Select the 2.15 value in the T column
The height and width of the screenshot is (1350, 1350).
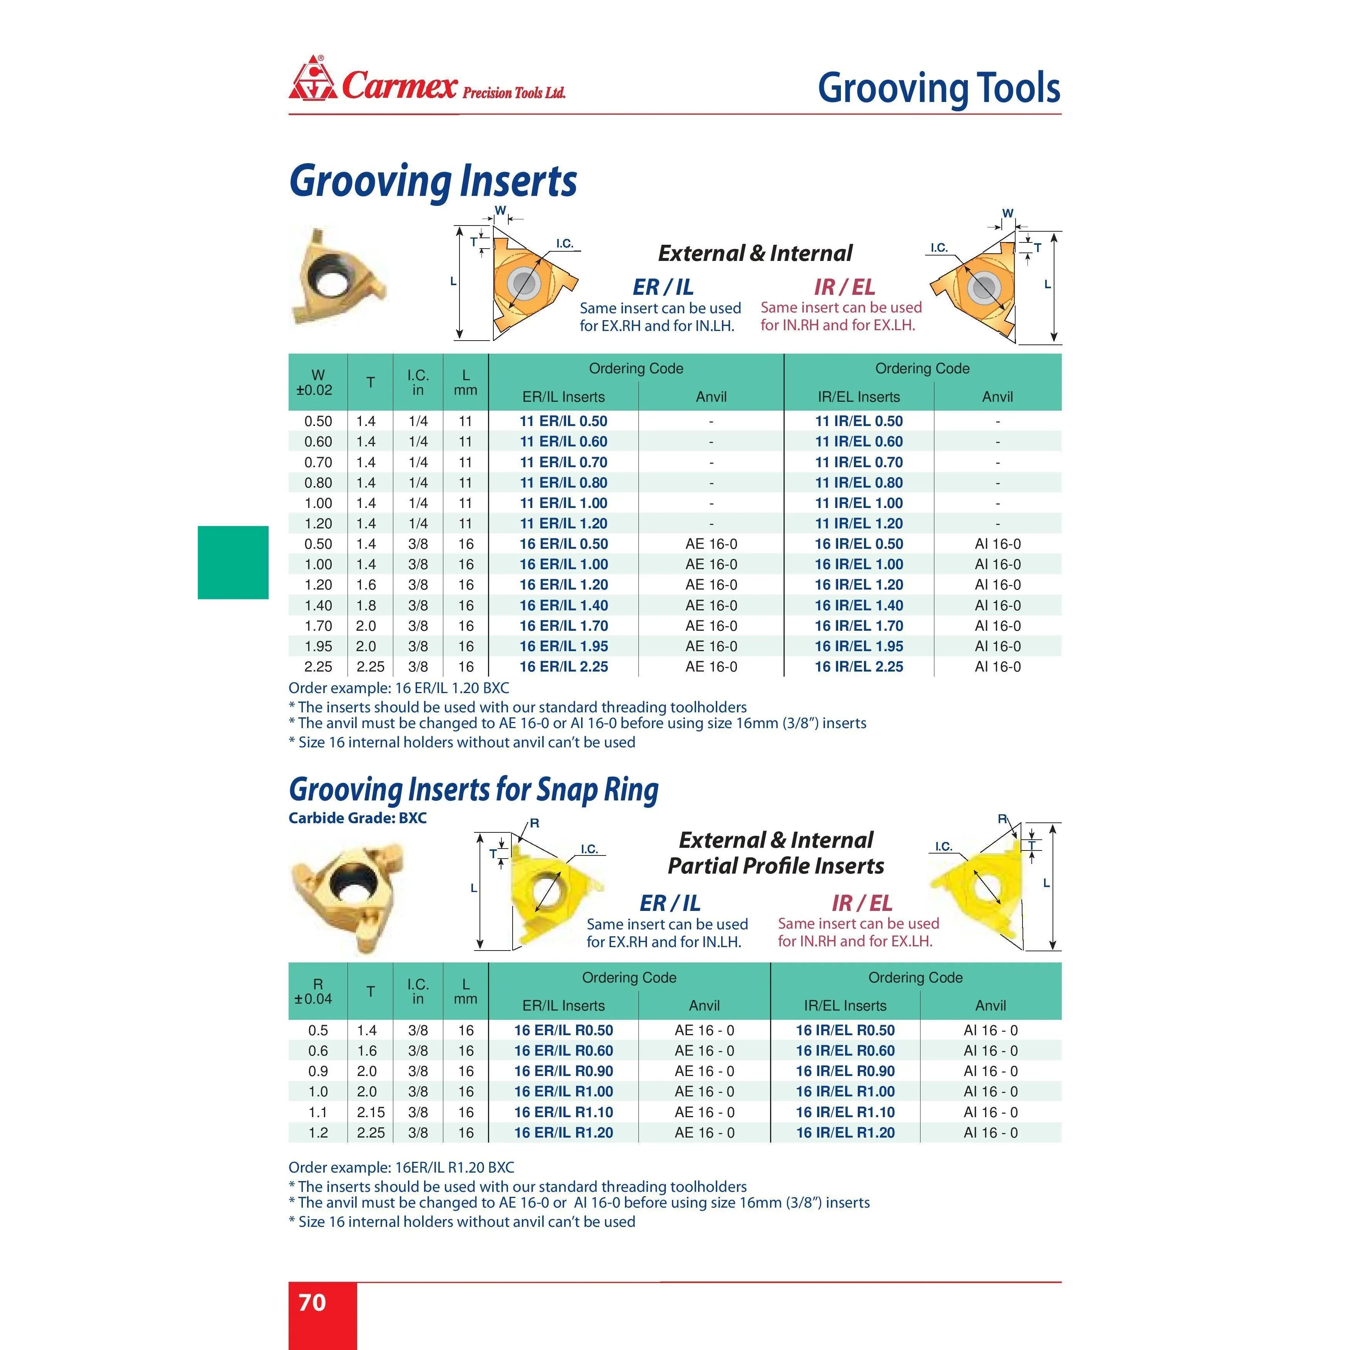click(370, 1112)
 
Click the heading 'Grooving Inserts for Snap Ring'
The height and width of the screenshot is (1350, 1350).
click(473, 790)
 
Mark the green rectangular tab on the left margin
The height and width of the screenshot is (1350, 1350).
click(233, 563)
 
